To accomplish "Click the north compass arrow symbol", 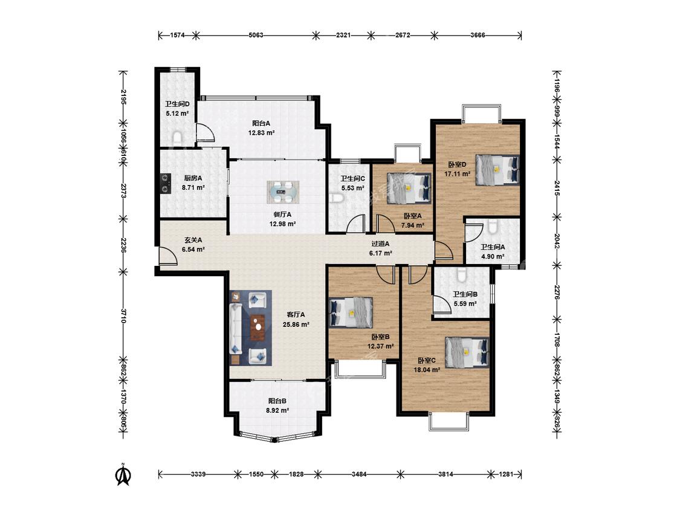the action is click(x=123, y=474).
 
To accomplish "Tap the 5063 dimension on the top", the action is click(x=256, y=35).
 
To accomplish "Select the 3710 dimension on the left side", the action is click(x=123, y=315).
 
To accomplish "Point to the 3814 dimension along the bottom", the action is click(x=445, y=474).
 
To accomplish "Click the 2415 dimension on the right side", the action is click(x=557, y=188).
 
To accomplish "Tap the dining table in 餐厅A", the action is click(x=283, y=192).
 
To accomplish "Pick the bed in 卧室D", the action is click(x=497, y=170).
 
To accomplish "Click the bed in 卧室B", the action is click(x=351, y=311).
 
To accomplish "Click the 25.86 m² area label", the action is click(x=296, y=324).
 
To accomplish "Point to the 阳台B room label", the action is click(x=277, y=401).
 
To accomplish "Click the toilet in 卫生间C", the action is click(x=337, y=198).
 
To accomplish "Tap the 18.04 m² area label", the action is click(x=427, y=370).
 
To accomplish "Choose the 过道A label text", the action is click(x=380, y=244).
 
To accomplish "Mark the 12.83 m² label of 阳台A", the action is click(x=261, y=133).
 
